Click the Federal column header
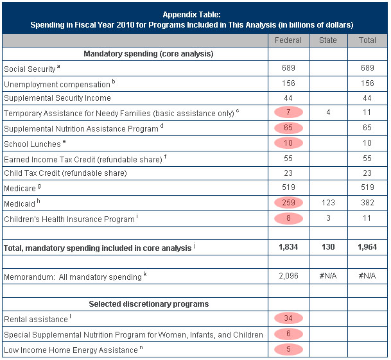pyautogui.click(x=288, y=40)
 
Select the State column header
pyautogui.click(x=327, y=40)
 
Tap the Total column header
pyautogui.click(x=367, y=40)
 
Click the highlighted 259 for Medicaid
pyautogui.click(x=288, y=203)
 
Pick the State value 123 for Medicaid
pyautogui.click(x=327, y=203)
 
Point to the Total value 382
pyautogui.click(x=367, y=203)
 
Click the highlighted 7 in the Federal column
pyautogui.click(x=288, y=112)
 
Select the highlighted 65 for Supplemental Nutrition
pyautogui.click(x=288, y=128)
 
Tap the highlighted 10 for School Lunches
pyautogui.click(x=288, y=142)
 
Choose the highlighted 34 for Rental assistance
pyautogui.click(x=288, y=318)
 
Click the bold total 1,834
pyautogui.click(x=288, y=247)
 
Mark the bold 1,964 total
pyautogui.click(x=367, y=247)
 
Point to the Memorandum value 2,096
pyautogui.click(x=288, y=276)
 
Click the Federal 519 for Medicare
pyautogui.click(x=288, y=187)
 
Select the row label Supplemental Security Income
pyautogui.click(x=57, y=98)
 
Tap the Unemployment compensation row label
pyautogui.click(x=57, y=83)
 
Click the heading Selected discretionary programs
pyautogui.click(x=148, y=304)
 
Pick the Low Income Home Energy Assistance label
pyautogui.click(x=71, y=350)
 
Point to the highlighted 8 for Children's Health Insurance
pyautogui.click(x=288, y=218)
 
